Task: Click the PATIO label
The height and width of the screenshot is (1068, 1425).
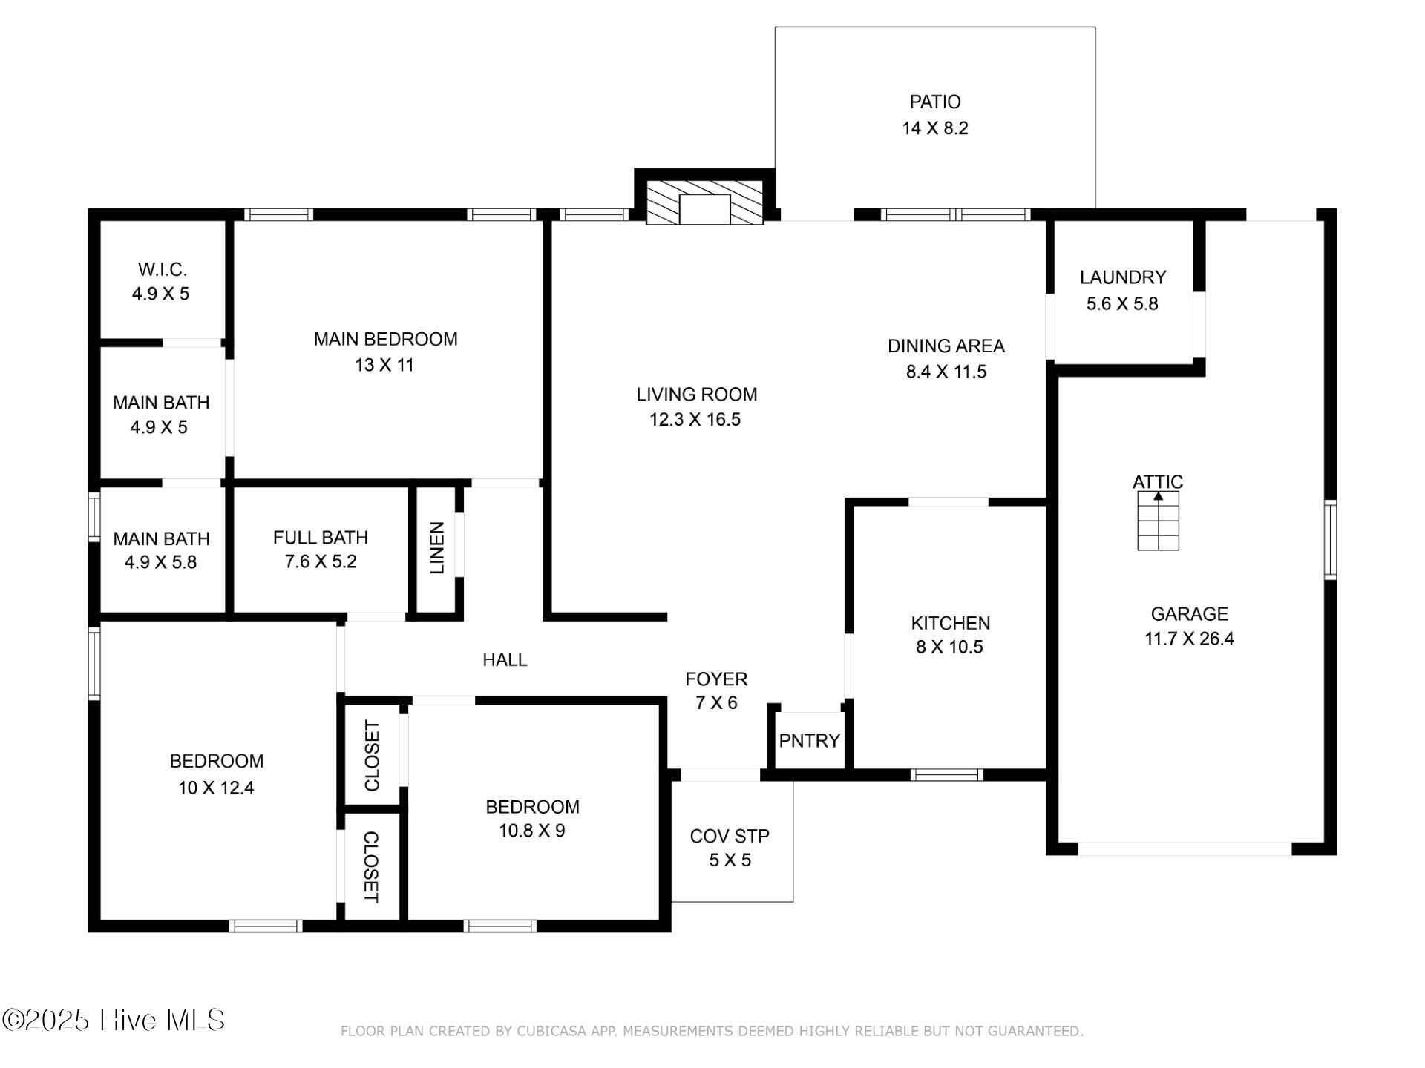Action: tap(935, 102)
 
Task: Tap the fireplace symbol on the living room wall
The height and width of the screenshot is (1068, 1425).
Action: tap(704, 201)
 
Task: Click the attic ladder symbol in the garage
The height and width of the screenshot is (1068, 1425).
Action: tap(1158, 521)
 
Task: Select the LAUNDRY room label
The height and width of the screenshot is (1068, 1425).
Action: tap(1123, 277)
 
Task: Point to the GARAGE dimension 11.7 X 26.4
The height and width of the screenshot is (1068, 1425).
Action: tap(1189, 639)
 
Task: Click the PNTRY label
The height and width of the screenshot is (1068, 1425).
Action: tap(809, 740)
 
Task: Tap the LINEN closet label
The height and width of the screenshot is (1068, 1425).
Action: tap(437, 548)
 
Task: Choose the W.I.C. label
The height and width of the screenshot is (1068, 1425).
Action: tap(162, 269)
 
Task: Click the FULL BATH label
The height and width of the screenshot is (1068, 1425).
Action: tap(321, 537)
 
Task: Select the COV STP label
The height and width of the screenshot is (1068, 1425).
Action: tap(730, 836)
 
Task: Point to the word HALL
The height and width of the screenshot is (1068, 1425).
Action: tap(505, 659)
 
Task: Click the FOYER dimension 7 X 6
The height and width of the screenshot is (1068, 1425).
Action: tap(716, 702)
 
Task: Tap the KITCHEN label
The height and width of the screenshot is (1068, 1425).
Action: tap(951, 623)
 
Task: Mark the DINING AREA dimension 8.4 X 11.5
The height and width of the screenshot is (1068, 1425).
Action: tap(946, 372)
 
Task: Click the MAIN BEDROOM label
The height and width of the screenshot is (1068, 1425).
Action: tap(385, 339)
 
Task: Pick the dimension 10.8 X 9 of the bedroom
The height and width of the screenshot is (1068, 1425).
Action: tap(532, 831)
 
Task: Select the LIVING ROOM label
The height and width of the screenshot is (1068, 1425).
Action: tap(696, 394)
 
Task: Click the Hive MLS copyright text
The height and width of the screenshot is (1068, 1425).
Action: tap(114, 1020)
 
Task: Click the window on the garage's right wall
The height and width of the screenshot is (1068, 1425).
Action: tap(1330, 539)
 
